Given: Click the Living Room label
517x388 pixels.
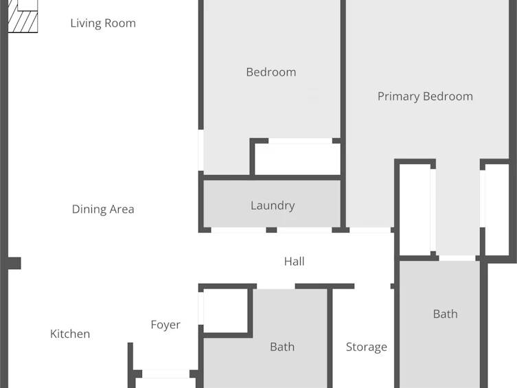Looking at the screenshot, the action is pyautogui.click(x=103, y=23).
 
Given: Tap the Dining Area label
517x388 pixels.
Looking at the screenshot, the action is pyautogui.click(x=103, y=209).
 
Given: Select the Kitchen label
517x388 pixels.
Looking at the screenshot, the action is pyautogui.click(x=70, y=334).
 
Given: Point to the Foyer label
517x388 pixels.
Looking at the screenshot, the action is pyautogui.click(x=165, y=325).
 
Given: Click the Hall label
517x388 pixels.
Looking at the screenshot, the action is pyautogui.click(x=294, y=262).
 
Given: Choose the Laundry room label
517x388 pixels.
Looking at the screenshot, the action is pyautogui.click(x=273, y=206).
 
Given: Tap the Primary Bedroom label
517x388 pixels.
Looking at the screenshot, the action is pyautogui.click(x=425, y=97).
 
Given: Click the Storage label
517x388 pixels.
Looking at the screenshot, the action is pyautogui.click(x=367, y=347).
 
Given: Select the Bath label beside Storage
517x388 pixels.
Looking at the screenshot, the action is pyautogui.click(x=282, y=347).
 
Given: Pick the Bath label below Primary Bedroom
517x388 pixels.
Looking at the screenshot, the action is pyautogui.click(x=446, y=314).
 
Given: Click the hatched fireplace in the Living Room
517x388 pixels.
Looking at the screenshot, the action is pyautogui.click(x=23, y=16).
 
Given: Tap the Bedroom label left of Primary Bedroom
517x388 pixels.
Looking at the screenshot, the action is pyautogui.click(x=271, y=72).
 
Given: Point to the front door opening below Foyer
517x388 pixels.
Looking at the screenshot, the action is pyautogui.click(x=165, y=374).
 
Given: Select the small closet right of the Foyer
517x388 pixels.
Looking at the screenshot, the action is pyautogui.click(x=225, y=311).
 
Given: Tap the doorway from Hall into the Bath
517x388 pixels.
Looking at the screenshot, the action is pyautogui.click(x=275, y=286).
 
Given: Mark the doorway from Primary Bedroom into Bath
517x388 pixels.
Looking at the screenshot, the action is pyautogui.click(x=457, y=258).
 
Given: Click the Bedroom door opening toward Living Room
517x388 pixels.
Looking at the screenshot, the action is pyautogui.click(x=200, y=150).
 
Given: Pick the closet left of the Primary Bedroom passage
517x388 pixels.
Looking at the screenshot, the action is pyautogui.click(x=415, y=209).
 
